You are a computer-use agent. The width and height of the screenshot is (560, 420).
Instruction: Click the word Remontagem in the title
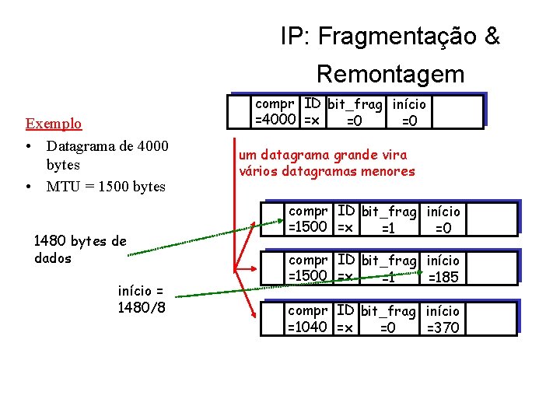390,74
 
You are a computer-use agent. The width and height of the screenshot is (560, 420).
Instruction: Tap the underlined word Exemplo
54,124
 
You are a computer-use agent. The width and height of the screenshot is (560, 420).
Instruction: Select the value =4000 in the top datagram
276,119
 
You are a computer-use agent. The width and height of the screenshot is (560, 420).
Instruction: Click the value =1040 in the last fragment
308,327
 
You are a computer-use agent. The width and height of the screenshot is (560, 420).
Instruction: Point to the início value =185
443,277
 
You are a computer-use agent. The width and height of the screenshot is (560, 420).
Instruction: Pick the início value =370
443,327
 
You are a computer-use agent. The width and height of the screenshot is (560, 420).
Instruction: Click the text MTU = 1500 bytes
106,186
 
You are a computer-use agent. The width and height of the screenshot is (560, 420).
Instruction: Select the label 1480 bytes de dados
80,249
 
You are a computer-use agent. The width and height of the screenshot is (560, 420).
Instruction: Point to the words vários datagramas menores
327,171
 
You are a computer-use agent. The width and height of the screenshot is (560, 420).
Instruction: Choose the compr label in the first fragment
308,211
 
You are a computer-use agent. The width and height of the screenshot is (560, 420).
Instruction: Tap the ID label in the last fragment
346,311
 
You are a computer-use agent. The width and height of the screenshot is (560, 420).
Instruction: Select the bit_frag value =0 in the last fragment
387,327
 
